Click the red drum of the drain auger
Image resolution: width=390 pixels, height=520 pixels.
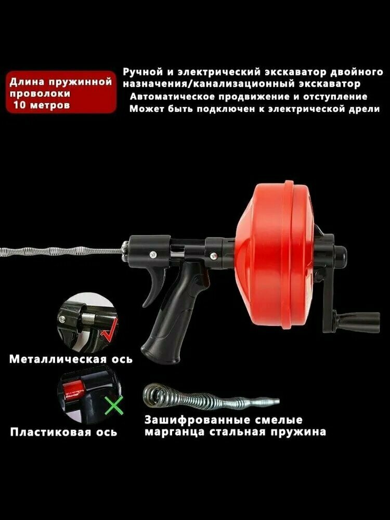(276, 260)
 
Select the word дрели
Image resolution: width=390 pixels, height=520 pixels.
(362, 109)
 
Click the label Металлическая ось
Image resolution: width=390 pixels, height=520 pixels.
(71, 359)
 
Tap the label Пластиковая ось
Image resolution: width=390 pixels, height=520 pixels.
(63, 432)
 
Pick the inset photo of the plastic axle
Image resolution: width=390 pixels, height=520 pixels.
(85, 395)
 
